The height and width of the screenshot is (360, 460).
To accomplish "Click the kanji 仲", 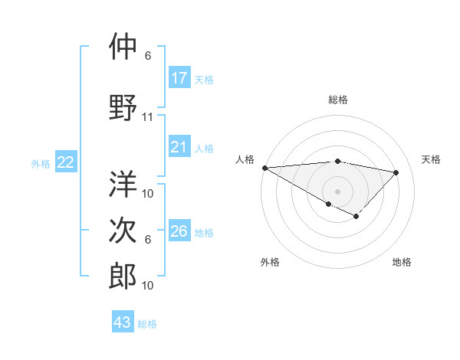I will click(x=123, y=47).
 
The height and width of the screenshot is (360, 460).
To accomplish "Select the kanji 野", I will click(x=123, y=107).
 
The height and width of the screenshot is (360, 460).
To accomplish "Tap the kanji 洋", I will click(x=123, y=183).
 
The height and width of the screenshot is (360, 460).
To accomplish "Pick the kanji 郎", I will click(x=123, y=276).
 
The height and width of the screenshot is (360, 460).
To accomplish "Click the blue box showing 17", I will click(x=179, y=78).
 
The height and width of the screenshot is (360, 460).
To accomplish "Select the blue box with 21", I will click(x=179, y=148).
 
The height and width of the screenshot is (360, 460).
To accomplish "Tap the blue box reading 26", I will click(x=179, y=231).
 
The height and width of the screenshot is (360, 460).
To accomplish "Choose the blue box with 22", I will click(x=66, y=162).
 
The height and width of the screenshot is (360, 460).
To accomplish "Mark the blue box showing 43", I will click(x=123, y=322).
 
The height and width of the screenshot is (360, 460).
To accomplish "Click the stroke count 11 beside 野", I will click(x=148, y=117).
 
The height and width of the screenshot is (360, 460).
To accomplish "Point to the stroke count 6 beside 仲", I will click(x=148, y=56).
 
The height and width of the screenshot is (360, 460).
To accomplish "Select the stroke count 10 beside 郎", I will click(x=148, y=286).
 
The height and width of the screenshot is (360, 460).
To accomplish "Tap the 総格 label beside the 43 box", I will click(x=147, y=324).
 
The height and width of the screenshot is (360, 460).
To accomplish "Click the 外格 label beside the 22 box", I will click(x=41, y=163).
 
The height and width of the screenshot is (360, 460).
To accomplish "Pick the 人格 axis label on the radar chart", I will click(x=245, y=159).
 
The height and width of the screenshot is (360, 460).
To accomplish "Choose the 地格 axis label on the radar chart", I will click(x=402, y=262).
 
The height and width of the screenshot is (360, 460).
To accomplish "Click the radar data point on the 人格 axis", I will click(x=264, y=168).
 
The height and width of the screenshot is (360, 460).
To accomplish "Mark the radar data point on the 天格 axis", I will click(x=396, y=172).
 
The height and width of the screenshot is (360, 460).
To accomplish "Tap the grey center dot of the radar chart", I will click(x=337, y=191).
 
